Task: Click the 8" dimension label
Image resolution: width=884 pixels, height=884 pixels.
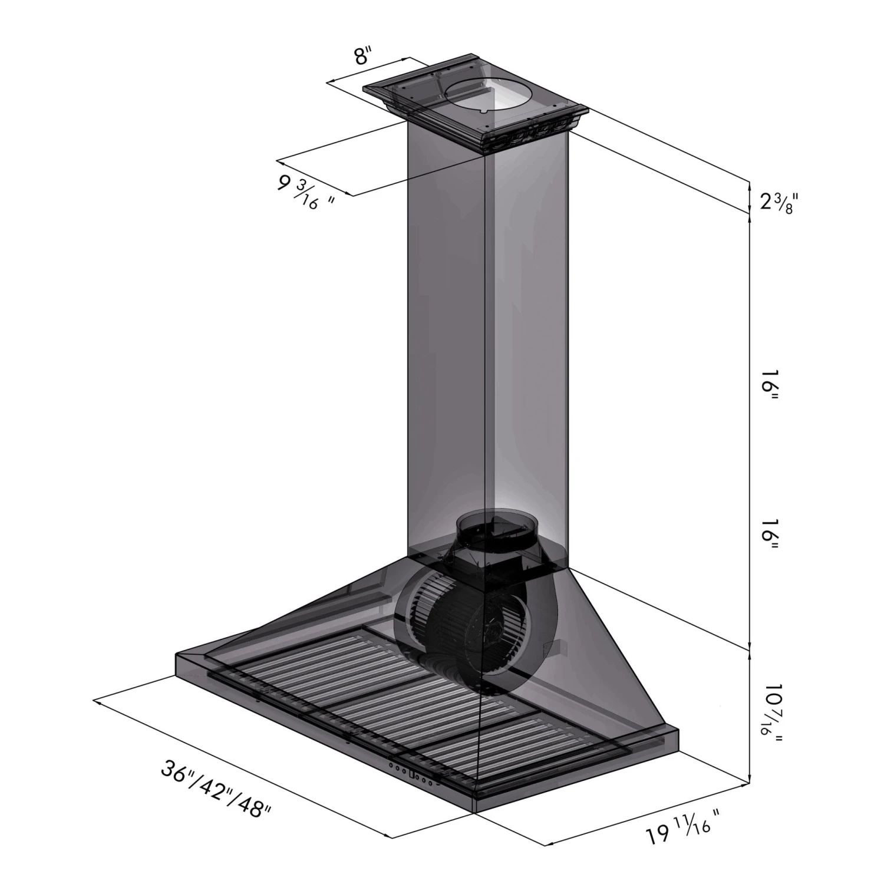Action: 363,58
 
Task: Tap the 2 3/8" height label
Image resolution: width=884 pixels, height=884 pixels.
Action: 778,203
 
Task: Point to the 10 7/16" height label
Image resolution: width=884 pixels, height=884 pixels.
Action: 770,716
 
